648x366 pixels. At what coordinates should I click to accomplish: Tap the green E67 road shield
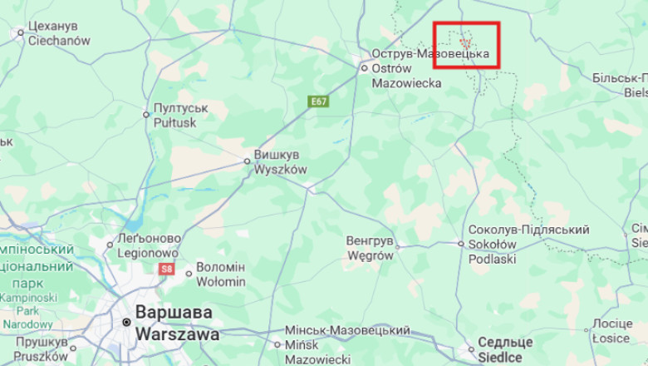click(317, 101)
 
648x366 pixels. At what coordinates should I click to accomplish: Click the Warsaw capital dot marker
click(126, 322)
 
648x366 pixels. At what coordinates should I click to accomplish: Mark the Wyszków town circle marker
click(247, 161)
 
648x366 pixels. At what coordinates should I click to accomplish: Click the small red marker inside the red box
click(465, 40)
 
